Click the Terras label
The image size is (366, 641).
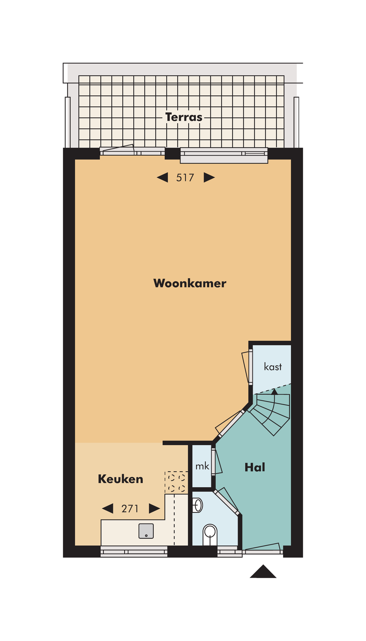(184, 117)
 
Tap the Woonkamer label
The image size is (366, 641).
(190, 283)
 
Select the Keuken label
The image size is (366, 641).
(120, 479)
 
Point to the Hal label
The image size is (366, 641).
(255, 467)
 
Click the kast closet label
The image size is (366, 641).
(273, 367)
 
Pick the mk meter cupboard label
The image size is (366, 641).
(202, 466)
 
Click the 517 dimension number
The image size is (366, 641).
(185, 178)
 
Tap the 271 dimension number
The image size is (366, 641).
(130, 509)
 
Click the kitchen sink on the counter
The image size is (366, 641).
(146, 531)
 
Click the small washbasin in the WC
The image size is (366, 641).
(198, 505)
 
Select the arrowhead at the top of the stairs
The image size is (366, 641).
(274, 392)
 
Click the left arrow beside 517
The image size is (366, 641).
(163, 177)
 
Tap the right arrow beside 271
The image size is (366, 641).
(154, 509)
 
